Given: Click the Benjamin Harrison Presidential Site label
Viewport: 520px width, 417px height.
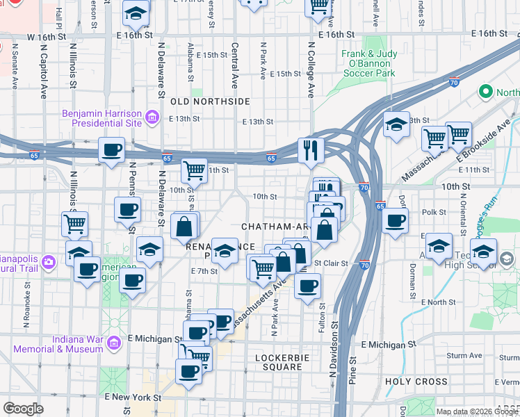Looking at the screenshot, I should click(101, 118).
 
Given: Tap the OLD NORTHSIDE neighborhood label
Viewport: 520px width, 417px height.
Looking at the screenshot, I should click(210, 101).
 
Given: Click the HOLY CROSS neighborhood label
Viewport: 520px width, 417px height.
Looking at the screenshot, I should click(416, 382).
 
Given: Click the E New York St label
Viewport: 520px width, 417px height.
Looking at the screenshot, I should click(133, 398).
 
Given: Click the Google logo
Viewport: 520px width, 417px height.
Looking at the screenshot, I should click(23, 409).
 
